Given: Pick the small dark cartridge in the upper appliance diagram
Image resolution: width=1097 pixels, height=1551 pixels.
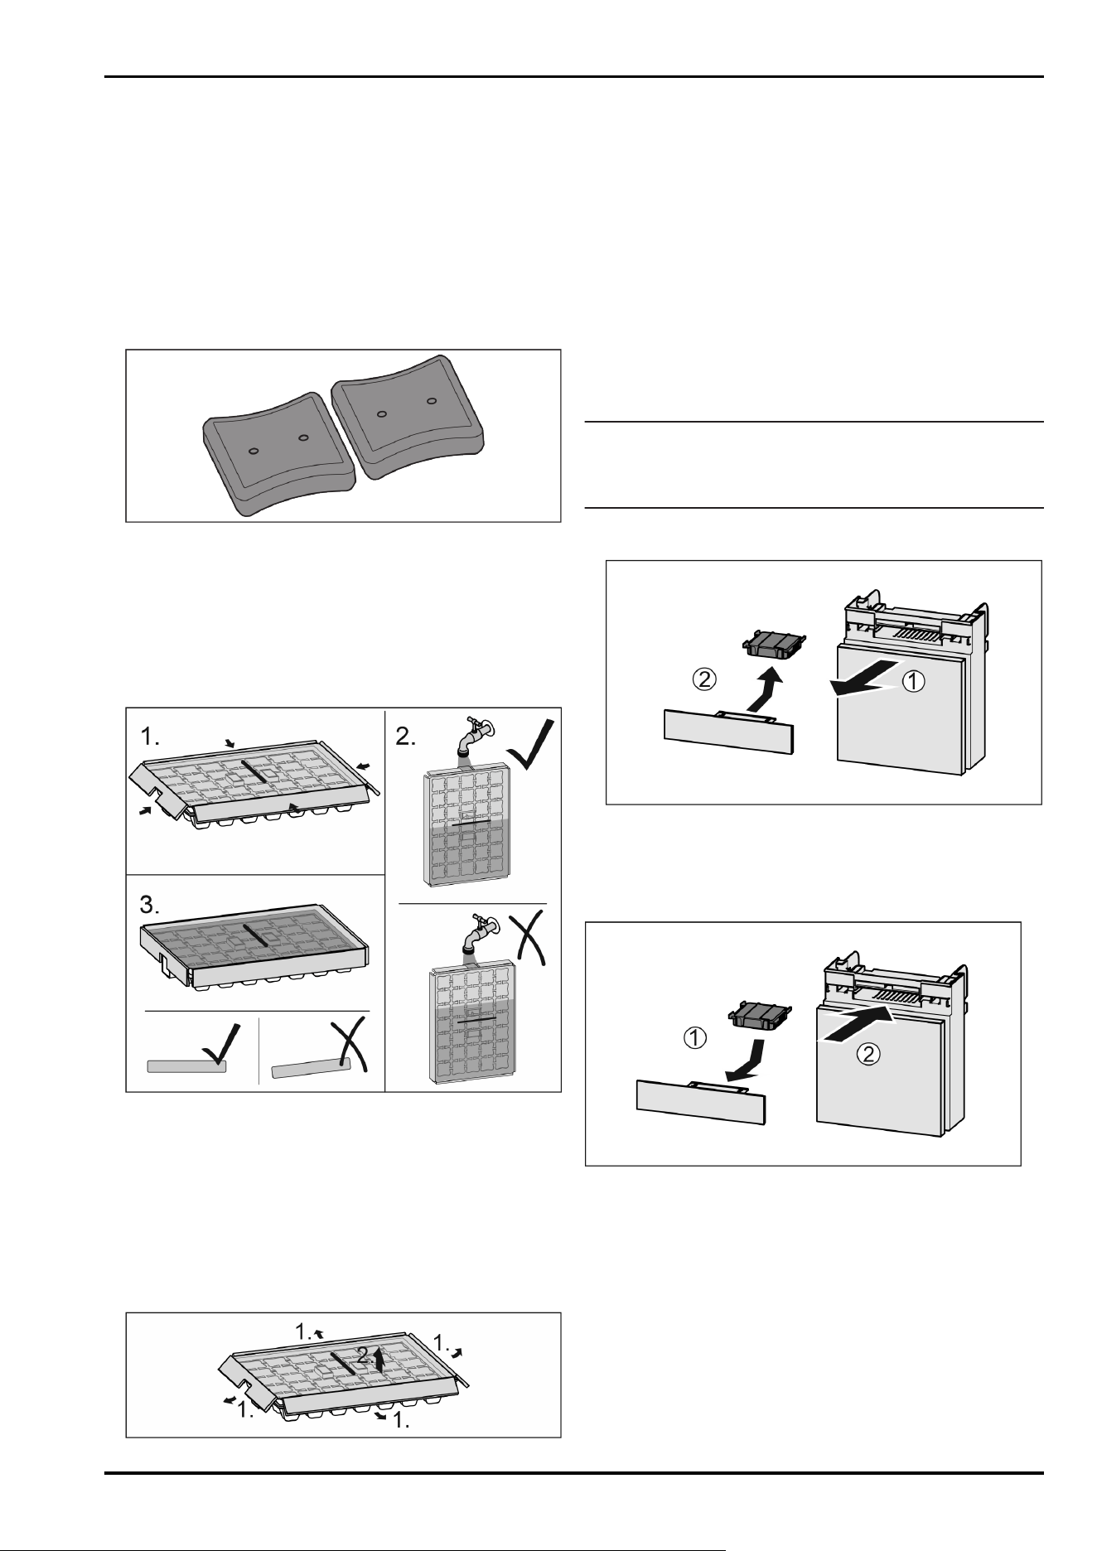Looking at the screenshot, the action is point(772,644).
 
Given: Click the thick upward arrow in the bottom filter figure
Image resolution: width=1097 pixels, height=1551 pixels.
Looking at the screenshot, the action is point(379,1357).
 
